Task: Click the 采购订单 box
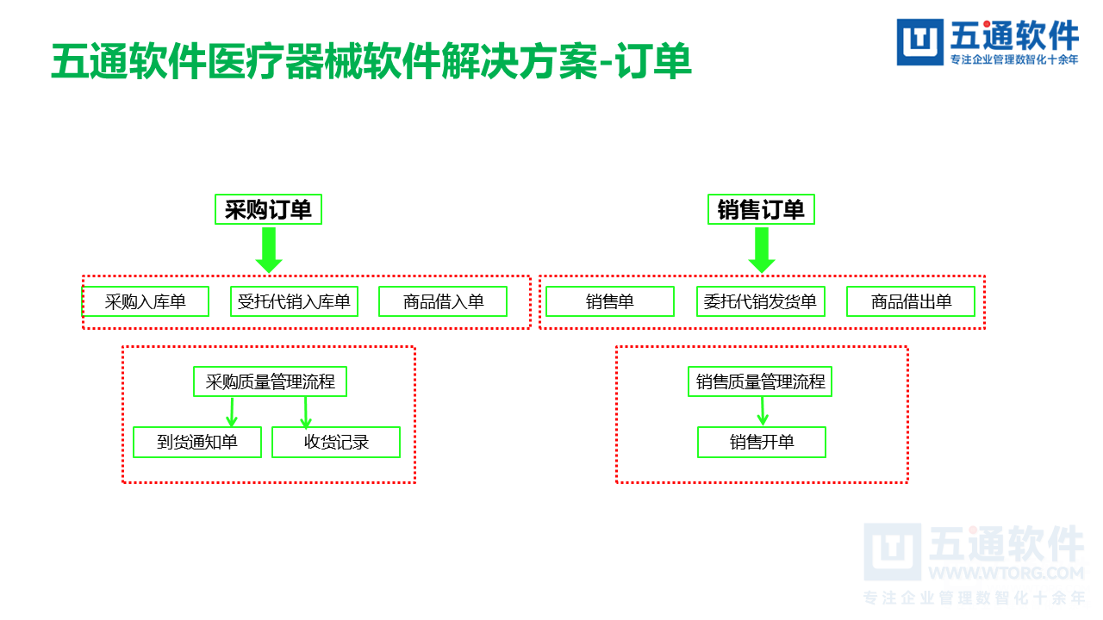click(268, 209)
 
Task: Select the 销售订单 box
click(761, 209)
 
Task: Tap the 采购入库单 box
click(146, 301)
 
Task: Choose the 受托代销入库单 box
click(294, 301)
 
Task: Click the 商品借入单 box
click(443, 301)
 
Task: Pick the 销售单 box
click(610, 301)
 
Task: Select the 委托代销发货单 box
click(760, 301)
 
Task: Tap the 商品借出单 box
click(911, 301)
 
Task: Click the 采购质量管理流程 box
click(270, 381)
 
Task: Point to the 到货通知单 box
click(197, 443)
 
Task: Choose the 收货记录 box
click(336, 443)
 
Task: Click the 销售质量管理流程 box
click(761, 381)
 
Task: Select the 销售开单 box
click(762, 443)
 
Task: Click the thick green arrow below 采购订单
click(269, 251)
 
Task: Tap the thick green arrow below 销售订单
click(761, 251)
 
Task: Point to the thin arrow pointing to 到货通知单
click(231, 412)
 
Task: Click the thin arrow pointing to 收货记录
click(305, 412)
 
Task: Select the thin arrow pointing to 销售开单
click(763, 412)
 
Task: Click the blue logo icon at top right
click(919, 42)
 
